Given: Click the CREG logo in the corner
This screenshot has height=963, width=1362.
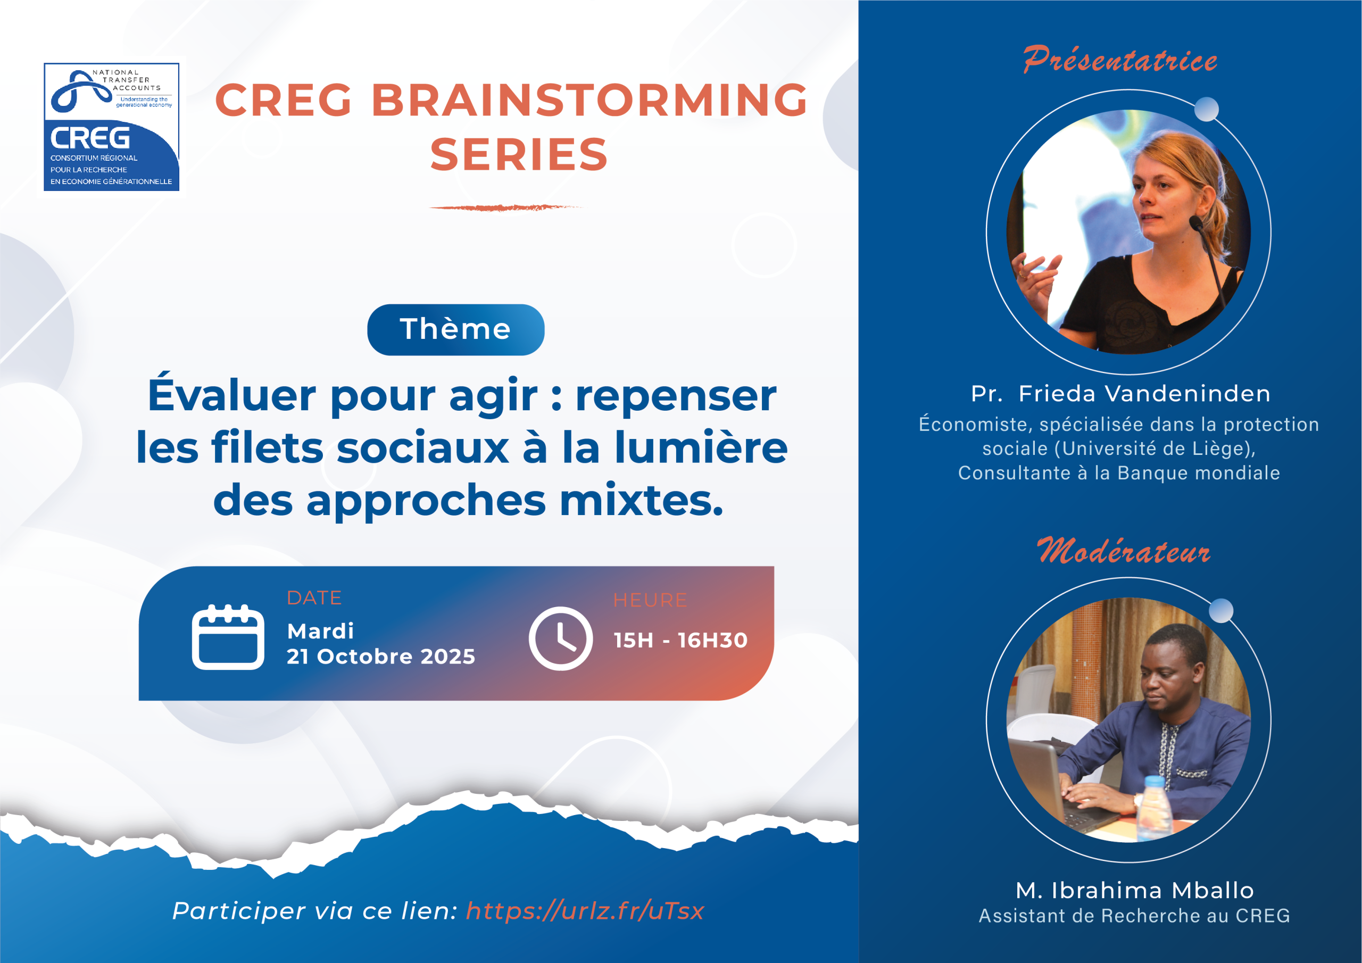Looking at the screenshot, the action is tap(112, 127).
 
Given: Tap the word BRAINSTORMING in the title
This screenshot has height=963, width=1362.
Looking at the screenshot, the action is tap(589, 99).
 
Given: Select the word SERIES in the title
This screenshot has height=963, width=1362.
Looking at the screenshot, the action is tap(519, 154).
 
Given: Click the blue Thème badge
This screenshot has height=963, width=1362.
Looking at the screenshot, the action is tap(455, 329).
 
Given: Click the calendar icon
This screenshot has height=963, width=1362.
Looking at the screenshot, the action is tap(228, 637).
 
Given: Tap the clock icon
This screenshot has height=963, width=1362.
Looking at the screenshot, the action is tap(561, 638).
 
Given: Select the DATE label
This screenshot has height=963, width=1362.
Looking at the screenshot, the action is tap(314, 597).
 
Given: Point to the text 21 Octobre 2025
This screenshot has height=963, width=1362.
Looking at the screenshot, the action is tap(381, 656).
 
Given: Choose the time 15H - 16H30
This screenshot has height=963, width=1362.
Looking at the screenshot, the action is tap(680, 640).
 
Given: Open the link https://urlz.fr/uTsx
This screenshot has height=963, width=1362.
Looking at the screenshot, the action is tap(585, 910).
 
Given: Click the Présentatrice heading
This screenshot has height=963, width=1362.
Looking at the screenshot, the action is tap(1119, 60).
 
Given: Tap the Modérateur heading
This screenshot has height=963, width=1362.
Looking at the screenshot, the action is tap(1123, 551).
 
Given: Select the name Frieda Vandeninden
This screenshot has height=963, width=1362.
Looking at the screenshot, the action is tap(1144, 393).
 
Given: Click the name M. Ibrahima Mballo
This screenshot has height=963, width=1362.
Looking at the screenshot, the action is tap(1135, 890).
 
